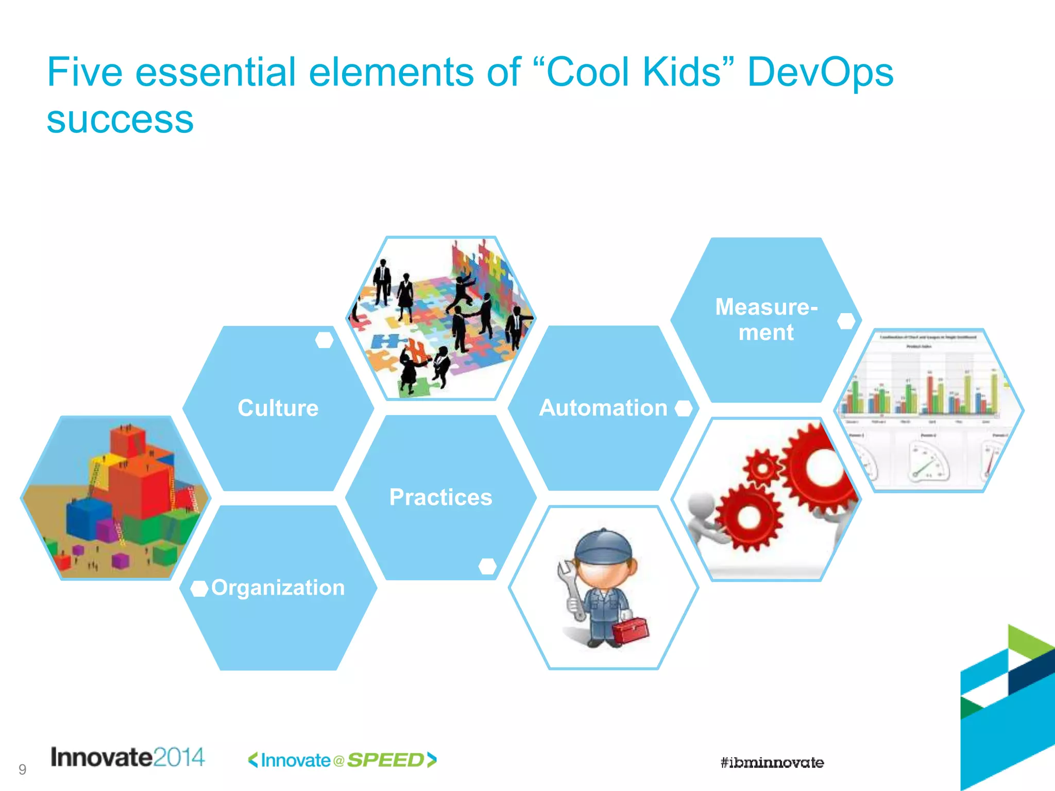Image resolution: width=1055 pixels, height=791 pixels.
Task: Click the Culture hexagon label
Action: [278, 408]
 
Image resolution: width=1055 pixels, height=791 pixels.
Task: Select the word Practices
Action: [440, 497]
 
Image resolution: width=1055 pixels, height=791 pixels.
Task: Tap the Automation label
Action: [603, 408]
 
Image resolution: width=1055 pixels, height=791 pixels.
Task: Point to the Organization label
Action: [278, 588]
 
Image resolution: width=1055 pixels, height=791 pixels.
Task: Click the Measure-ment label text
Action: [766, 319]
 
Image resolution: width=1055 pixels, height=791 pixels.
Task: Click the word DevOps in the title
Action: [820, 72]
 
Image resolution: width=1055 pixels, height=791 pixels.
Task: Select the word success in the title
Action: [120, 119]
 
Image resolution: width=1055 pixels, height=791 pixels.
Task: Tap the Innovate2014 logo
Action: [128, 757]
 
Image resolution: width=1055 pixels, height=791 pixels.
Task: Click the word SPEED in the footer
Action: [385, 760]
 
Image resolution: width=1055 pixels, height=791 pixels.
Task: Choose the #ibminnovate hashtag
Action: [772, 763]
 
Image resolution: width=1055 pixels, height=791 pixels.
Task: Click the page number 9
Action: [22, 769]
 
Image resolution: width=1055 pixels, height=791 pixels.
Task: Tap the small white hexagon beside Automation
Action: [684, 408]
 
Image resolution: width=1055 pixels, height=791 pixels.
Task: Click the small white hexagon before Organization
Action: [199, 588]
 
